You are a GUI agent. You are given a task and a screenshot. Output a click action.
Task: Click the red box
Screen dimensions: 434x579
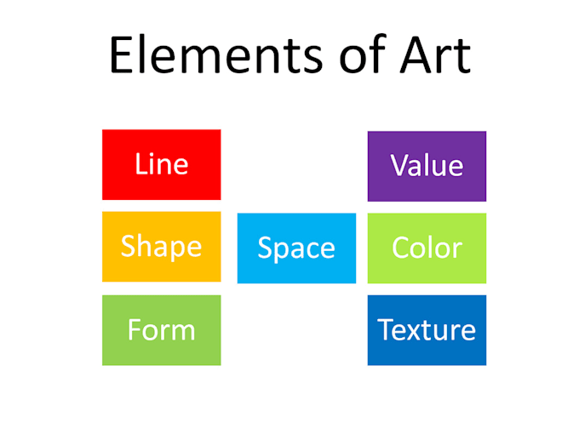pos(161,164)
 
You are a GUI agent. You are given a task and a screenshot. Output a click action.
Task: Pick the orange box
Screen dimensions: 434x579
pos(161,247)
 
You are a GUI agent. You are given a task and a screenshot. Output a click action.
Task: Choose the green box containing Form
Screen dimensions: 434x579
pos(161,330)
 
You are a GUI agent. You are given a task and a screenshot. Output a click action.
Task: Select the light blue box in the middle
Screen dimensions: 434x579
pos(296,248)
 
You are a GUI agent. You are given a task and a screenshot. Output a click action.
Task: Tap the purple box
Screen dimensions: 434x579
pos(427,166)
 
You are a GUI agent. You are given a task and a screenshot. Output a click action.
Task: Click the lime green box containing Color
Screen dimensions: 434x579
pos(427,248)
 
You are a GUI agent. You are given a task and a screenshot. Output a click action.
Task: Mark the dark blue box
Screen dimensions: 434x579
pos(427,330)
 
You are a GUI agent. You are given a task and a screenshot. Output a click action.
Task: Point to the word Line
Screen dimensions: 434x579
pos(161,163)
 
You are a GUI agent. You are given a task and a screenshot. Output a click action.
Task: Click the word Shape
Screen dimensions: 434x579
pos(161,247)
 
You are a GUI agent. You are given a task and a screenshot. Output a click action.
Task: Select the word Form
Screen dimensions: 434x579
pos(161,329)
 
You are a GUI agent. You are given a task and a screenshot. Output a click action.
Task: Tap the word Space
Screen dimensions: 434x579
pos(296,248)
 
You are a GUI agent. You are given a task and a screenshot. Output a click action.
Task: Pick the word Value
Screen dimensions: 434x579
pos(427,165)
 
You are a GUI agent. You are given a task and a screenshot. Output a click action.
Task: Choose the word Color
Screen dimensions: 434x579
pos(427,248)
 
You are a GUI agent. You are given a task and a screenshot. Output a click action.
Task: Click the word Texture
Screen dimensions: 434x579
pos(427,329)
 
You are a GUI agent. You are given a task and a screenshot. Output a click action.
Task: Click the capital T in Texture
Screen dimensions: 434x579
pos(385,329)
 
